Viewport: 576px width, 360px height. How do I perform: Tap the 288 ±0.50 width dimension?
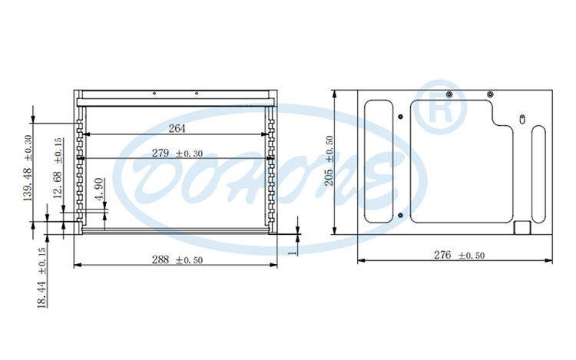pos(177,260)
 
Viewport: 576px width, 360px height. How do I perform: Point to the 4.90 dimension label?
pos(98,189)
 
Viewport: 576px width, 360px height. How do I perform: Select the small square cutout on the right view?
pos(521,228)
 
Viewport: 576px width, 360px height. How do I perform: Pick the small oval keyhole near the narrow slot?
pos(521,119)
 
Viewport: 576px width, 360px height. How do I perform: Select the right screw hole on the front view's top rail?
pos(197,94)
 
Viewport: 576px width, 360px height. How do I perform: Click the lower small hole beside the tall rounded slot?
pos(402,216)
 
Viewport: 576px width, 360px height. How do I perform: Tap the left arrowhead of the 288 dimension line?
pos(75,266)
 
